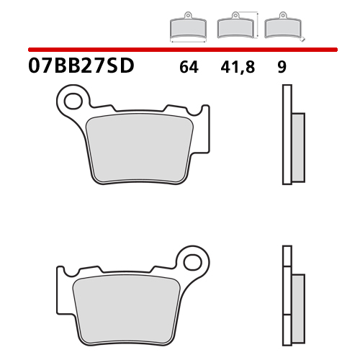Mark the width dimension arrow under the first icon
[x=186, y=43]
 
